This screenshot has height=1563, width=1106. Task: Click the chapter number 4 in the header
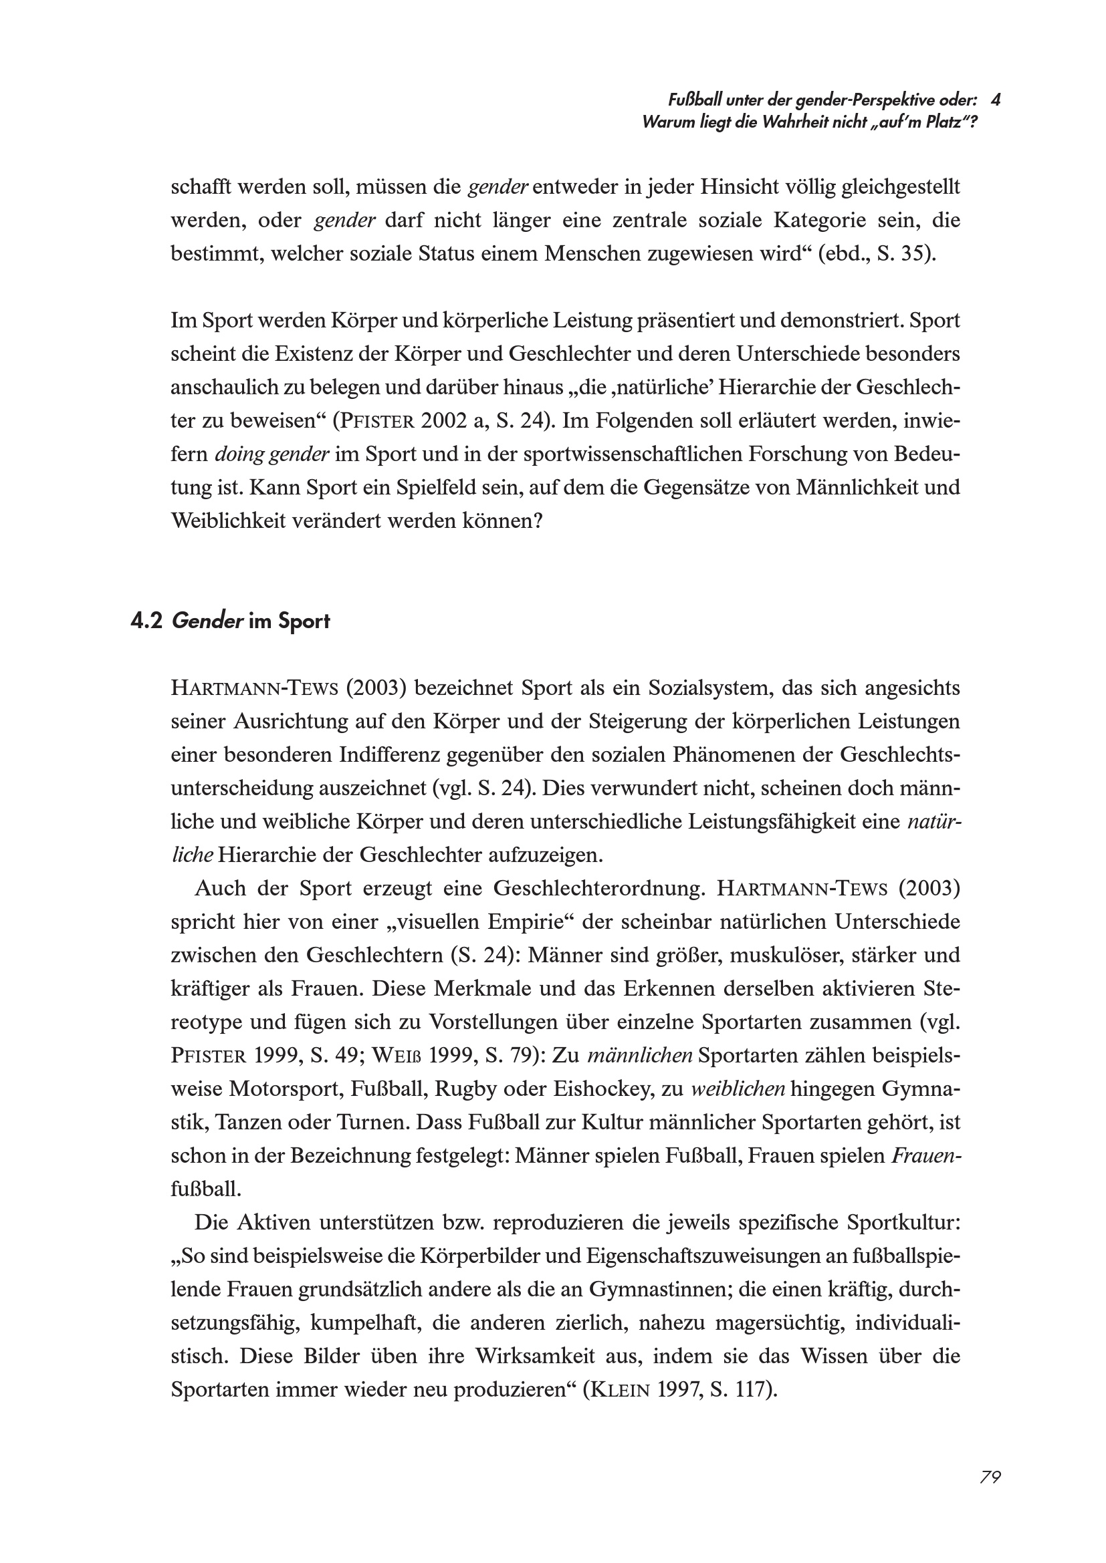995,100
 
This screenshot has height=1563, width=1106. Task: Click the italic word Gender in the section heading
207,621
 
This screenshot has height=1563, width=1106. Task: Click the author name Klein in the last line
625,1390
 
